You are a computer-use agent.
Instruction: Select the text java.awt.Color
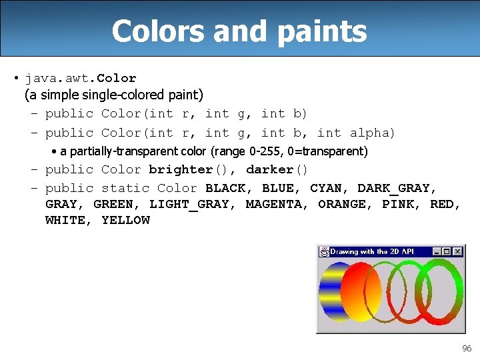click(81, 78)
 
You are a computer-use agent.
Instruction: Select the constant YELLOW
click(125, 220)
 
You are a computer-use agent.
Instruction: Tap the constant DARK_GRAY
click(393, 188)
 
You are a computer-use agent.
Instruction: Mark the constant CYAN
click(329, 188)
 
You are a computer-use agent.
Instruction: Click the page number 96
click(466, 349)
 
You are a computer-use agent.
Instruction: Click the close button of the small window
click(457, 251)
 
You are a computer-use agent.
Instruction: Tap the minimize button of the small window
click(437, 251)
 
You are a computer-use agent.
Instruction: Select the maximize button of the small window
click(447, 251)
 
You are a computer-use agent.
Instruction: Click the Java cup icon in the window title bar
click(324, 251)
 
